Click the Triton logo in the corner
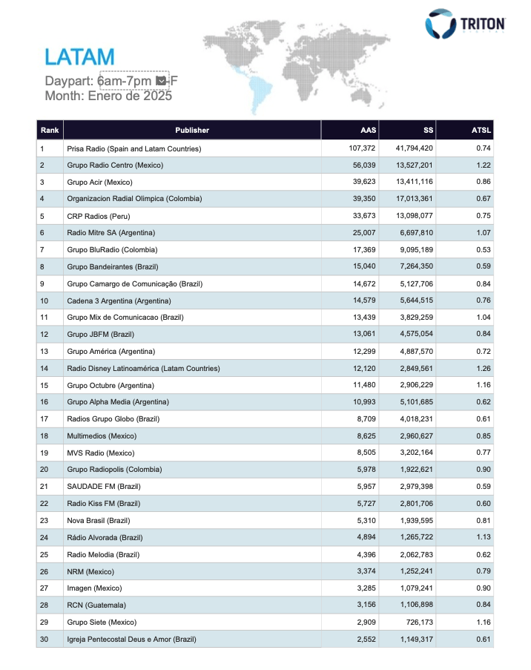(x=465, y=24)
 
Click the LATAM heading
(x=79, y=56)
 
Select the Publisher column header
(x=192, y=131)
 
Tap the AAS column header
(x=368, y=131)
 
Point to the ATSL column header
(x=481, y=131)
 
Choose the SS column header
(x=428, y=131)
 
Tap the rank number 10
(x=43, y=300)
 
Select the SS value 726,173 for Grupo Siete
(x=415, y=622)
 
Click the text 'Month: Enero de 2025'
(x=108, y=96)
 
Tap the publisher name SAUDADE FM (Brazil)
(x=104, y=486)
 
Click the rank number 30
(x=43, y=638)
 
